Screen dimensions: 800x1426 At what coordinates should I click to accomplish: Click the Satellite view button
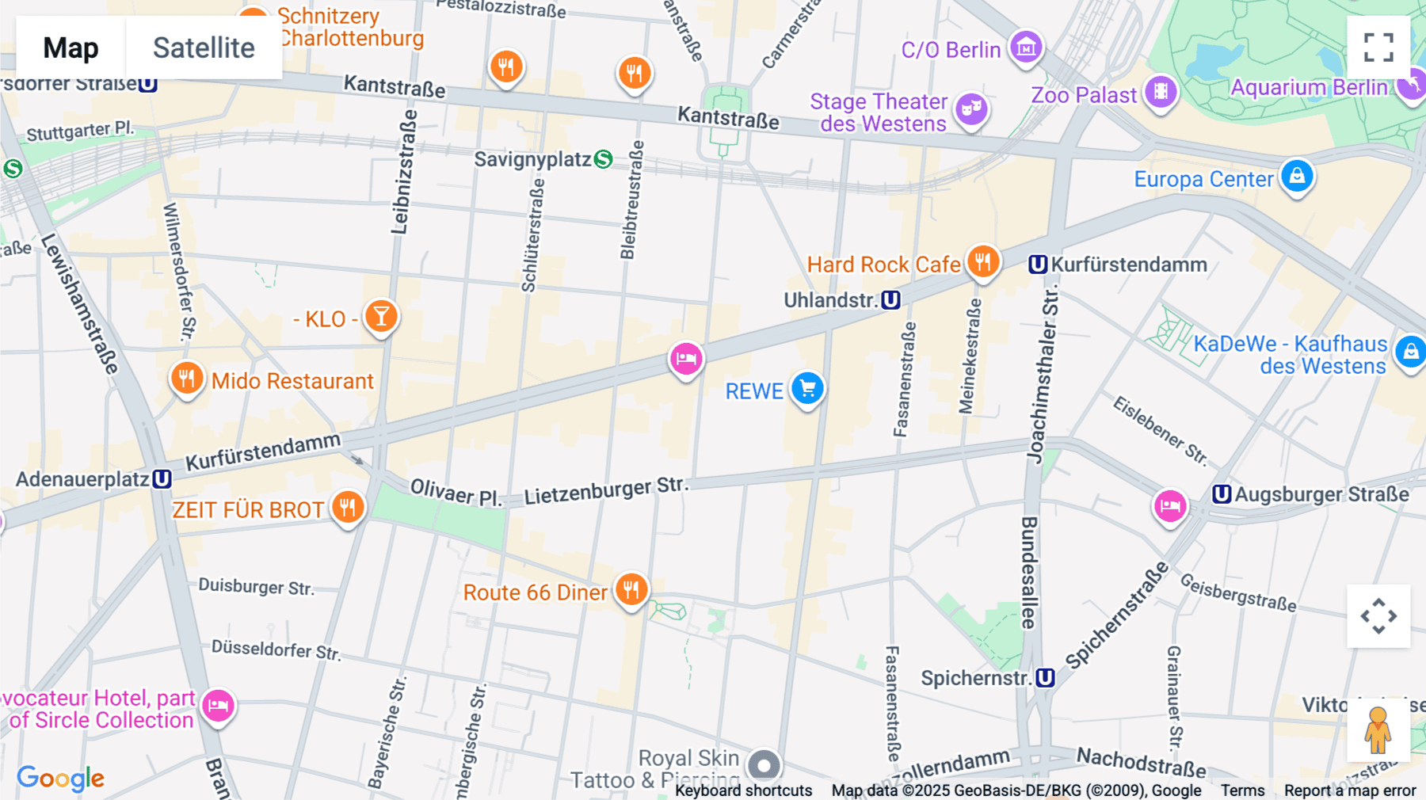[x=204, y=48]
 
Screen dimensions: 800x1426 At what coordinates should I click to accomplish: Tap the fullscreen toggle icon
[x=1378, y=48]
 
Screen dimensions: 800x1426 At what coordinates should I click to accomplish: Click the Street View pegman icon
[x=1378, y=730]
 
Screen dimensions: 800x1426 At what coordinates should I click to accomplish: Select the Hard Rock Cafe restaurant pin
[x=982, y=261]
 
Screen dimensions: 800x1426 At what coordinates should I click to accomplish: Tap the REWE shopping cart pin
[x=807, y=388]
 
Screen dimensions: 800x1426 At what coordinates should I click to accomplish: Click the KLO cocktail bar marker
[x=381, y=316]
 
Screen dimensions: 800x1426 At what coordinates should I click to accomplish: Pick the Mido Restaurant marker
[x=187, y=378]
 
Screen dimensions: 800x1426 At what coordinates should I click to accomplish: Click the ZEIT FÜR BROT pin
[x=348, y=506]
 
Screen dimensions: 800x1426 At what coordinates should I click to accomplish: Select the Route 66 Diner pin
[x=631, y=589]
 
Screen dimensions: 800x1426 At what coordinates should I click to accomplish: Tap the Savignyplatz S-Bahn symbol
[x=603, y=159]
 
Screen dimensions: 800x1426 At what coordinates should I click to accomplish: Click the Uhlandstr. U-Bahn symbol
[x=890, y=300]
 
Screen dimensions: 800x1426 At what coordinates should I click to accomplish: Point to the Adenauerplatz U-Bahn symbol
[x=162, y=478]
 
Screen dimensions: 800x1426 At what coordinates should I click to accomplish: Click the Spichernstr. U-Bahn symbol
[x=1045, y=678]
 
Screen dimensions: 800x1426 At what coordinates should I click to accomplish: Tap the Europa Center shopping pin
[x=1297, y=176]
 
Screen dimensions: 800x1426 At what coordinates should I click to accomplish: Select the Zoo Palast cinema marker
[x=1161, y=91]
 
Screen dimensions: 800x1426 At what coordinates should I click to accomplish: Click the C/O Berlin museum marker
[x=1026, y=47]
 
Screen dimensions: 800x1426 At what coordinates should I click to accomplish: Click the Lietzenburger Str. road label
[x=606, y=492]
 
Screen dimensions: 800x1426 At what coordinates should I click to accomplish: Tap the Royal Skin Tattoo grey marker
[x=764, y=765]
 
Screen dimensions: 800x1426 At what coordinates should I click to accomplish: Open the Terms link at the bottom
[x=1241, y=790]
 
